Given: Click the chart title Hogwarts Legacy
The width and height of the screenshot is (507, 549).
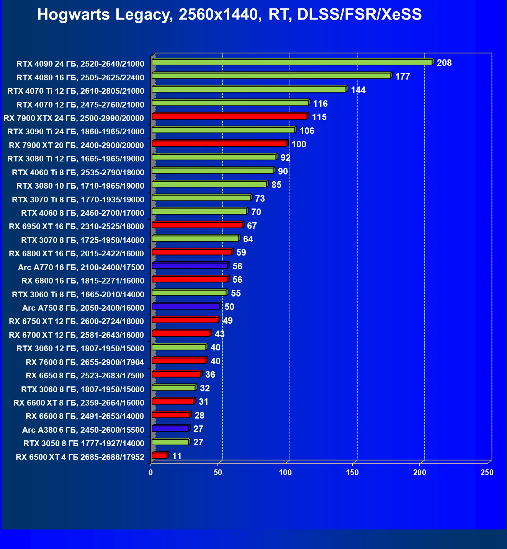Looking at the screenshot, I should [229, 15].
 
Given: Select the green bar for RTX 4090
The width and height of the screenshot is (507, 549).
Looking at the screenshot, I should [292, 62].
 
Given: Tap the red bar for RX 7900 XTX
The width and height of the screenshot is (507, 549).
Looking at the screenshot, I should [229, 116].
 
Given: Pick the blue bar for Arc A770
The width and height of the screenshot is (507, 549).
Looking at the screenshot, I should [190, 266].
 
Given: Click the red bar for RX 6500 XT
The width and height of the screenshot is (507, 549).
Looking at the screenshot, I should [159, 455].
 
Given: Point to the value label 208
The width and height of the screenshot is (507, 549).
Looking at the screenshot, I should [444, 63].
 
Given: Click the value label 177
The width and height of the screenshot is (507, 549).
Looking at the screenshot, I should [402, 77].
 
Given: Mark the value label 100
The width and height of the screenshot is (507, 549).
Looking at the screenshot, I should [299, 144].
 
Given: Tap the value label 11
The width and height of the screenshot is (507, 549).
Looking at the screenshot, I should [177, 456].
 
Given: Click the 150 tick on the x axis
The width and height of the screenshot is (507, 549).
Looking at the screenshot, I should [352, 472].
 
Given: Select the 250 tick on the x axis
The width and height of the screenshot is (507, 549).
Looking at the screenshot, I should [487, 472].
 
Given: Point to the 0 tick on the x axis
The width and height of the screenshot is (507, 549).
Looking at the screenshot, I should [151, 472].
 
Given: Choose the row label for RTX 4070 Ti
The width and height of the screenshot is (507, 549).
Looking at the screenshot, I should [76, 91].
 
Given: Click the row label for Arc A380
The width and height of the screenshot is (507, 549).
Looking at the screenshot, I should [83, 430].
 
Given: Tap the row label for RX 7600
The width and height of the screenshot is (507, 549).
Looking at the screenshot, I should [85, 362].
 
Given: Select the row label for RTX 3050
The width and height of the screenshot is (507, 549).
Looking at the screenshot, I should [84, 443].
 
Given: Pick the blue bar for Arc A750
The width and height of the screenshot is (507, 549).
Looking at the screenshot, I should [186, 306].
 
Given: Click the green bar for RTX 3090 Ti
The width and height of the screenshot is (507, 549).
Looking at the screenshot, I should [223, 130].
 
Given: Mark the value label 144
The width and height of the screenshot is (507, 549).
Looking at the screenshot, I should [358, 90].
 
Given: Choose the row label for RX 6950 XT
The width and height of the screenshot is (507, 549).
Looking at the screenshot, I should [76, 226].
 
